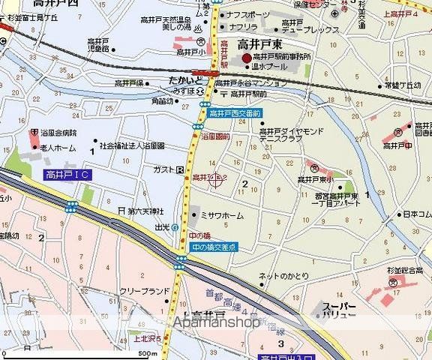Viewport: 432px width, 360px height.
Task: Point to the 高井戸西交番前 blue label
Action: (236, 112)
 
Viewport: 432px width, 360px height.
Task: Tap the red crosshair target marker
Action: (217, 178)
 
